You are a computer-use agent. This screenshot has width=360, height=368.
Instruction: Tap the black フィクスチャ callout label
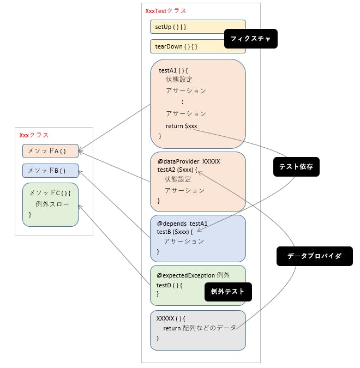tap(251, 39)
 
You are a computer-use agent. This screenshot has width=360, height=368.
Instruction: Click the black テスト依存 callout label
tap(296, 167)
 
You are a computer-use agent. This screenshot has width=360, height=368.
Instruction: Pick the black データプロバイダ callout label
tap(314, 256)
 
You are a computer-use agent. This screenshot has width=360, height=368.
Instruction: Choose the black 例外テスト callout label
tap(228, 292)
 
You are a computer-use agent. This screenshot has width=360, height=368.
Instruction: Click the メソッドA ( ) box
tap(50, 151)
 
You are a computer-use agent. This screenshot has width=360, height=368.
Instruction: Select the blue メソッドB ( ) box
tap(50, 171)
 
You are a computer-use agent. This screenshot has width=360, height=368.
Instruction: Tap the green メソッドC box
tap(50, 204)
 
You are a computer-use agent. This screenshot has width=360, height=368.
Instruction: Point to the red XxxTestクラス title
tap(166, 11)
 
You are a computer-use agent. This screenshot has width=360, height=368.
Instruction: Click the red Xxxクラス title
tap(34, 135)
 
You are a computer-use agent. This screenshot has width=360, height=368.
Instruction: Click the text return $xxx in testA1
tap(181, 126)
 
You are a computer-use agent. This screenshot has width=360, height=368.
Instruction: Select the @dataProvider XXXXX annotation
tap(189, 161)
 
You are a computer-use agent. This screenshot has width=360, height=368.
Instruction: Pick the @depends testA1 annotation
tap(182, 224)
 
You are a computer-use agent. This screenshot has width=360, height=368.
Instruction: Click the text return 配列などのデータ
tap(200, 328)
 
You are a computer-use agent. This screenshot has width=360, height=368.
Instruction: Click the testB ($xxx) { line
tap(175, 232)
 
